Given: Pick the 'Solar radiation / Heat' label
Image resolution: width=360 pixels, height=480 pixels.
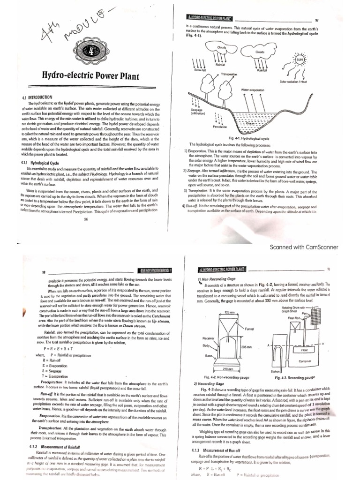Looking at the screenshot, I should (307, 82).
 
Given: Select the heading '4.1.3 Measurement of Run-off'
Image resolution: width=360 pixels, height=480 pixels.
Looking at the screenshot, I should (221, 450).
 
